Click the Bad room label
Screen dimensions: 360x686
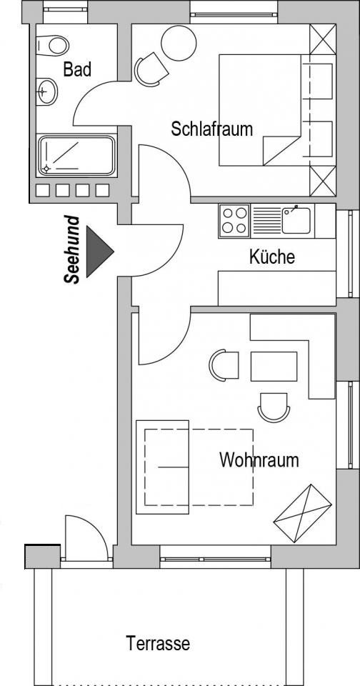click(x=77, y=69)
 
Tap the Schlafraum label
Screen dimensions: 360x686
click(x=211, y=129)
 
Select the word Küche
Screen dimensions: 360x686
click(x=271, y=257)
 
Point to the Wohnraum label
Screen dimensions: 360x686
click(x=259, y=460)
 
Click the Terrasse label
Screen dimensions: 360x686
click(x=158, y=644)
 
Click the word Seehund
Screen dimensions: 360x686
click(x=72, y=250)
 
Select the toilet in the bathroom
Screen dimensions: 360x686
click(x=52, y=45)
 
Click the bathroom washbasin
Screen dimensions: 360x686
click(x=47, y=92)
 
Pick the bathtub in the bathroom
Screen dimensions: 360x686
click(x=76, y=156)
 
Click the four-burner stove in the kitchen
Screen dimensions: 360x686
click(x=234, y=221)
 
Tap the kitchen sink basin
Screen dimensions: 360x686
click(x=296, y=221)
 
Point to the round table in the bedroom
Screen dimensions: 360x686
click(x=178, y=43)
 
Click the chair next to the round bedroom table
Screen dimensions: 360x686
click(x=151, y=70)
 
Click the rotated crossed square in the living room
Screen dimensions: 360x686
click(x=303, y=513)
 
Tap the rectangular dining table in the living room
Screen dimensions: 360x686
click(x=274, y=366)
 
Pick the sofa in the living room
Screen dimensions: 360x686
click(x=162, y=467)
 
